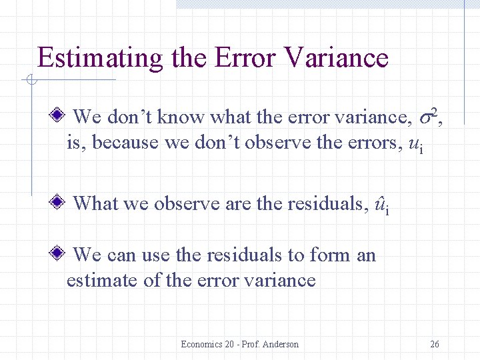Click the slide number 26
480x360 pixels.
click(x=435, y=344)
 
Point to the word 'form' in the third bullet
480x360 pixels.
click(x=317, y=255)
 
